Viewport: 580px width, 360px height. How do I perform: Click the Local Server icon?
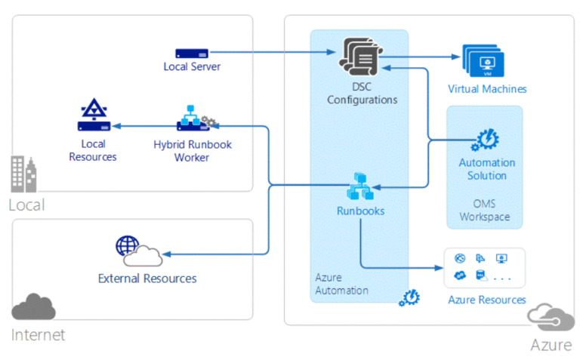192,54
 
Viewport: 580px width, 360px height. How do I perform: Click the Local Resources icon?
94,115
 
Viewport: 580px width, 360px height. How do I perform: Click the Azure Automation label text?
341,284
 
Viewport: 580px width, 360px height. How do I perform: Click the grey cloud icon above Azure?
547,315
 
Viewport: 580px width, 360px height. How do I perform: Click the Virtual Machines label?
487,89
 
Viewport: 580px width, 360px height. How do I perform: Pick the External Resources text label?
147,278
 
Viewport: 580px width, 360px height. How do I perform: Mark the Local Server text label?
192,66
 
